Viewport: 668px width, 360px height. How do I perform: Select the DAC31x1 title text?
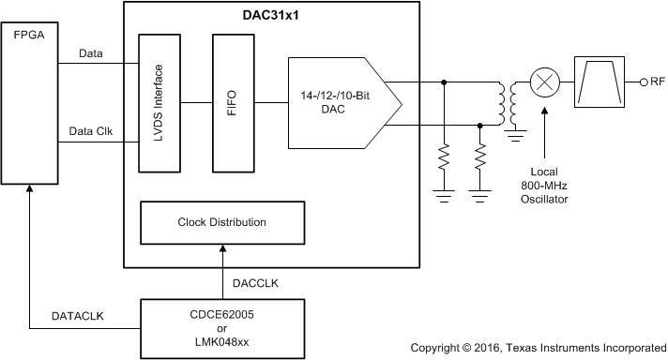pyautogui.click(x=272, y=16)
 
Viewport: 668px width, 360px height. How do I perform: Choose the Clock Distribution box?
pyautogui.click(x=221, y=222)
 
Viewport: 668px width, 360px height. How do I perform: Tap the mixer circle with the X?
pyautogui.click(x=543, y=83)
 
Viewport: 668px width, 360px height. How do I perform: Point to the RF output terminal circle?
pyautogui.click(x=642, y=83)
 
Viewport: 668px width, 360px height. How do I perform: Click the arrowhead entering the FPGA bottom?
pyautogui.click(x=30, y=190)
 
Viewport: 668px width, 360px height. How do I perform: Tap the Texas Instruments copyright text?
pyautogui.click(x=537, y=347)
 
